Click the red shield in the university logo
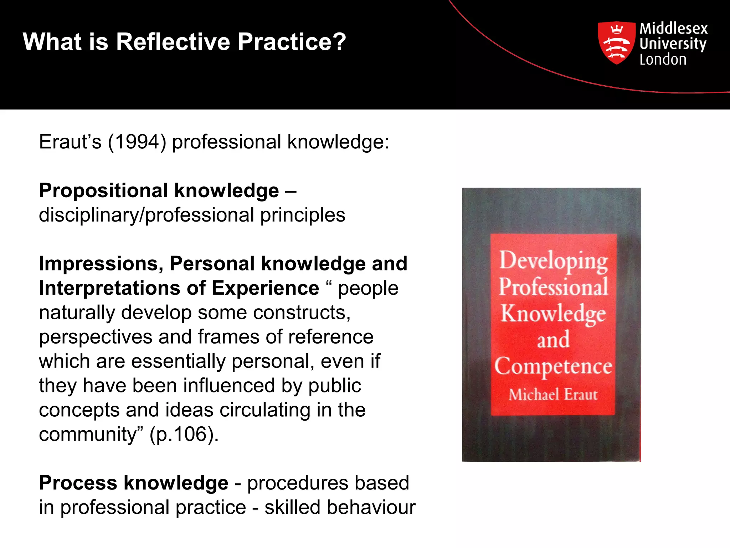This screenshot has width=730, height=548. [616, 42]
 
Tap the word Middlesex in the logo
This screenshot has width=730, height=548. [673, 28]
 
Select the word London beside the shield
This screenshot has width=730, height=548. [663, 60]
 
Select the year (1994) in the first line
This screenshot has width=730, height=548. [137, 142]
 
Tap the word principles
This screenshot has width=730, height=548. [303, 215]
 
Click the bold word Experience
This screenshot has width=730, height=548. [265, 288]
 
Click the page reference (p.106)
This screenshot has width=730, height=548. [184, 435]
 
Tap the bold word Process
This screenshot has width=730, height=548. [78, 483]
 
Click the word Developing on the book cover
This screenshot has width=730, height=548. [553, 261]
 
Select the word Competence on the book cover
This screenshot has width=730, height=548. [553, 366]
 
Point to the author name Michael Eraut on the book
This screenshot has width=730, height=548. [553, 395]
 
